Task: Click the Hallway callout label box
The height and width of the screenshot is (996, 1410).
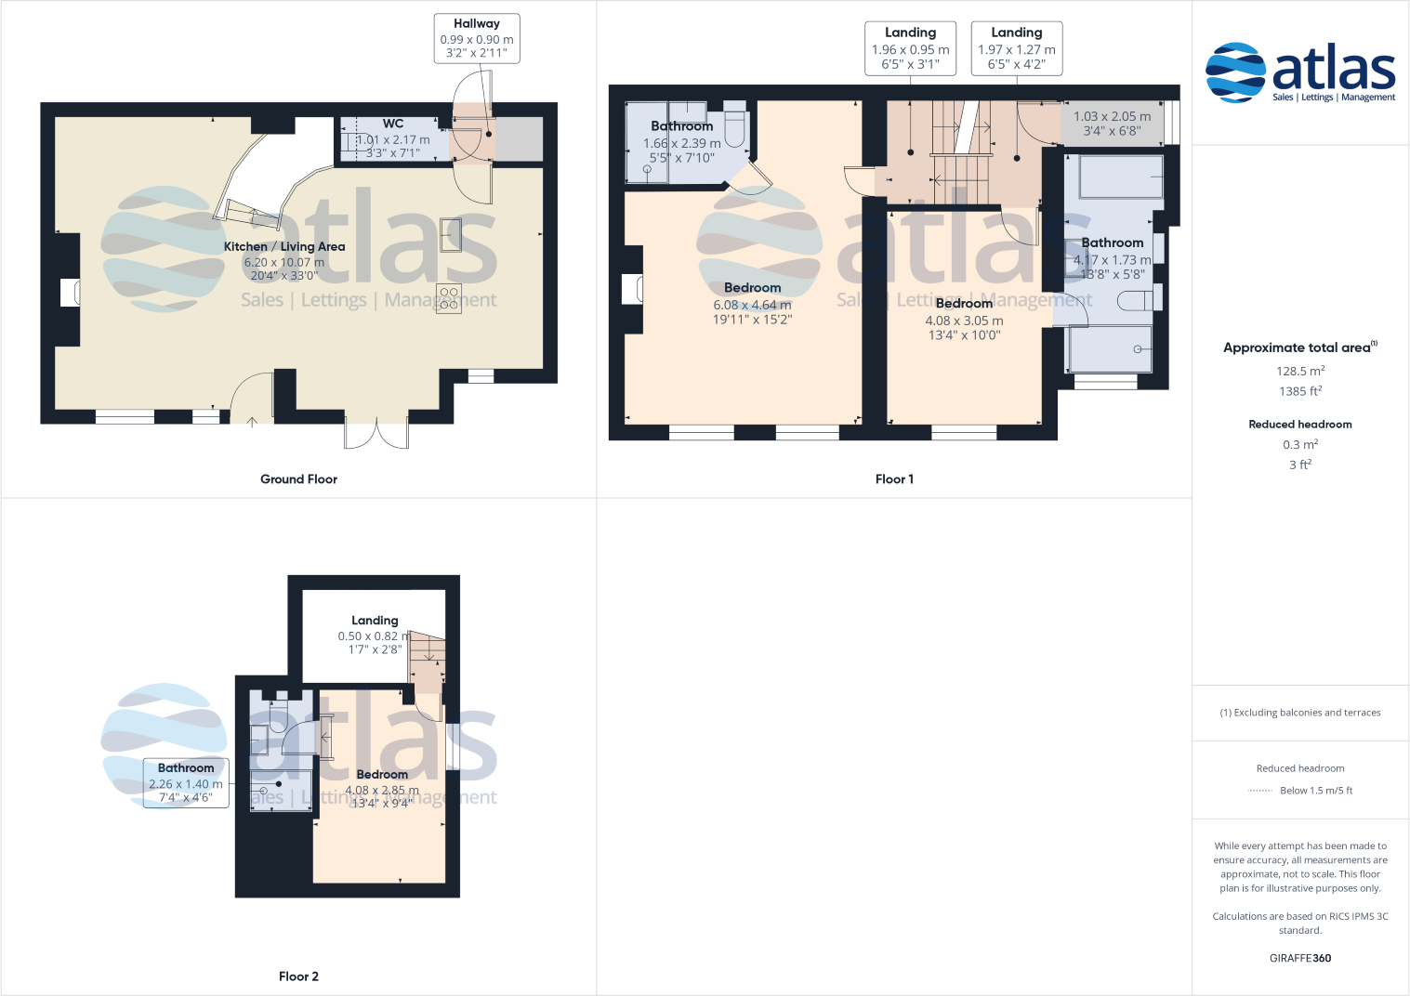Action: pyautogui.click(x=477, y=38)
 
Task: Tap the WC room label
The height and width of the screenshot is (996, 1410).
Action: pyautogui.click(x=393, y=124)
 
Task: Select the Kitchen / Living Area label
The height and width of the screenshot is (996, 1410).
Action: pyautogui.click(x=284, y=246)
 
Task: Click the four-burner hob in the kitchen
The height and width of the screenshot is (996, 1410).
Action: pyautogui.click(x=449, y=299)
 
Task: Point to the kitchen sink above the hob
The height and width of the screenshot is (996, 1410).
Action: pyautogui.click(x=450, y=234)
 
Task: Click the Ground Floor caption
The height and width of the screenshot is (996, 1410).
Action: pyautogui.click(x=298, y=479)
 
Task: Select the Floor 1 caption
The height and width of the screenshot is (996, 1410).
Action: pyautogui.click(x=894, y=479)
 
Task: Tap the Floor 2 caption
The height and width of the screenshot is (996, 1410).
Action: pyautogui.click(x=298, y=976)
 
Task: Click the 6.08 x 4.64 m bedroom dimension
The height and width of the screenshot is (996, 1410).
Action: pyautogui.click(x=752, y=305)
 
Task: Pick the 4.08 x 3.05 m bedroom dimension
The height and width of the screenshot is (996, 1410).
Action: pyautogui.click(x=964, y=321)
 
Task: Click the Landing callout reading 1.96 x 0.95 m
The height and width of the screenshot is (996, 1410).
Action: pyautogui.click(x=911, y=48)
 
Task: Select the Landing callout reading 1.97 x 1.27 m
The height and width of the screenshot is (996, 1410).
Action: pyautogui.click(x=1017, y=48)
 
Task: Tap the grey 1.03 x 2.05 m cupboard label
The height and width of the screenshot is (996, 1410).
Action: pyautogui.click(x=1112, y=124)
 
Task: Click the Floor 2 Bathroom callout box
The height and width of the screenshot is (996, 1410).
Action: pyautogui.click(x=186, y=782)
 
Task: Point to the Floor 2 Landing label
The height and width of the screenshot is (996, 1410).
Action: pyautogui.click(x=375, y=621)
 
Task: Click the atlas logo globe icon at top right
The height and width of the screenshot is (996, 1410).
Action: pyautogui.click(x=1235, y=72)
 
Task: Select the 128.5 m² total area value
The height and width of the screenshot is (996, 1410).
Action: pyautogui.click(x=1299, y=371)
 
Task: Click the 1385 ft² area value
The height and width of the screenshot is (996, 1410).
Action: pyautogui.click(x=1299, y=391)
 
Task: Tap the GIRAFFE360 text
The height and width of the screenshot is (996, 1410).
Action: pyautogui.click(x=1299, y=958)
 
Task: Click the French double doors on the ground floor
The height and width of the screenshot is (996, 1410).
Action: pyautogui.click(x=376, y=433)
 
